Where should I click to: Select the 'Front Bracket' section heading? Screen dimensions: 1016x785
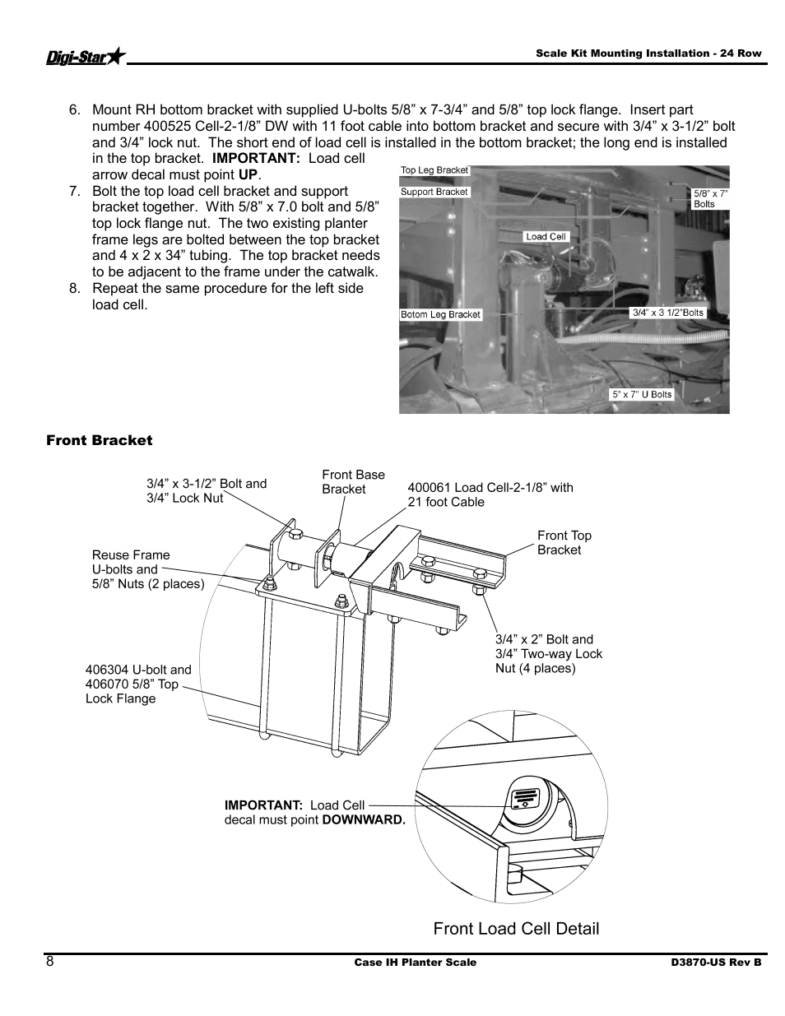[99, 440]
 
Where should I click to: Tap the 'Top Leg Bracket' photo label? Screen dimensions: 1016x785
[434, 170]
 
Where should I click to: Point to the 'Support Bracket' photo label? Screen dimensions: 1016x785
[434, 192]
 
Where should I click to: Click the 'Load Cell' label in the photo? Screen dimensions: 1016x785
[546, 236]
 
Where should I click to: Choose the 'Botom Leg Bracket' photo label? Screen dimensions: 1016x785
[440, 314]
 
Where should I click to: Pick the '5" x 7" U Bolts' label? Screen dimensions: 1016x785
[642, 394]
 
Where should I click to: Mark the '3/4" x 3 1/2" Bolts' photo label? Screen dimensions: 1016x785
[668, 313]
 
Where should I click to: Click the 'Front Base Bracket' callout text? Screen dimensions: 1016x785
[353, 481]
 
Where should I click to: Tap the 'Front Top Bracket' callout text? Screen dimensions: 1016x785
[564, 542]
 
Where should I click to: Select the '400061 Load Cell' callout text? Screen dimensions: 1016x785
[490, 494]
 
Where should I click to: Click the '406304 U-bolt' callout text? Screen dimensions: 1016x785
[137, 684]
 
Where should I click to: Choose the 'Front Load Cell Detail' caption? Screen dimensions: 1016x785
[516, 928]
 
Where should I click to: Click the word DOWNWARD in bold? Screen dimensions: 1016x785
[364, 820]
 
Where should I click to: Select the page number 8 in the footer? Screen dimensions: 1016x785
[50, 962]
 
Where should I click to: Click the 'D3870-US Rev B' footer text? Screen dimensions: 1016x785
[714, 963]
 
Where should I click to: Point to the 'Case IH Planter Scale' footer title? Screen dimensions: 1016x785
[415, 963]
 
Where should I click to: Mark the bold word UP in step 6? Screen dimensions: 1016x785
[248, 174]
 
